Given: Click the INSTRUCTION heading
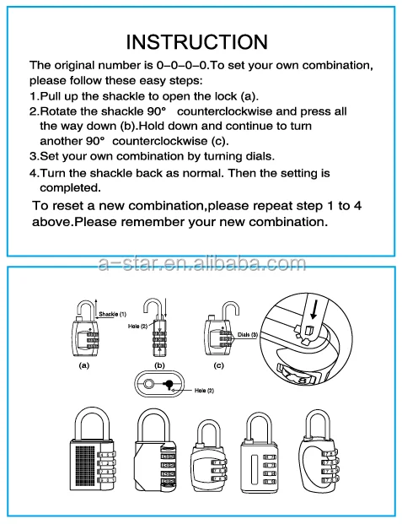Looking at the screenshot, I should [x=201, y=41].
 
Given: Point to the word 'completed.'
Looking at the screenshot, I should [x=71, y=186].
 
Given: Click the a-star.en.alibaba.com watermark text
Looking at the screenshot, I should [x=201, y=264].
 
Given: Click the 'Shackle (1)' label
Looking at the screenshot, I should [x=112, y=313].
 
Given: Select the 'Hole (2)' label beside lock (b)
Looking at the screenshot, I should [x=137, y=325].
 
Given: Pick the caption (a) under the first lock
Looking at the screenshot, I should [x=83, y=366].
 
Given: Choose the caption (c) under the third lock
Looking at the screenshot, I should [x=218, y=366].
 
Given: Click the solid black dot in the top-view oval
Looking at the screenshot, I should [x=169, y=384].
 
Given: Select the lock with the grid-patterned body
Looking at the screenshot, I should [x=88, y=460].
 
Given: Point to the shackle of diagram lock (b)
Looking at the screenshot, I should [x=155, y=308].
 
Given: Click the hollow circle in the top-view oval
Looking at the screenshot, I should [x=148, y=384].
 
